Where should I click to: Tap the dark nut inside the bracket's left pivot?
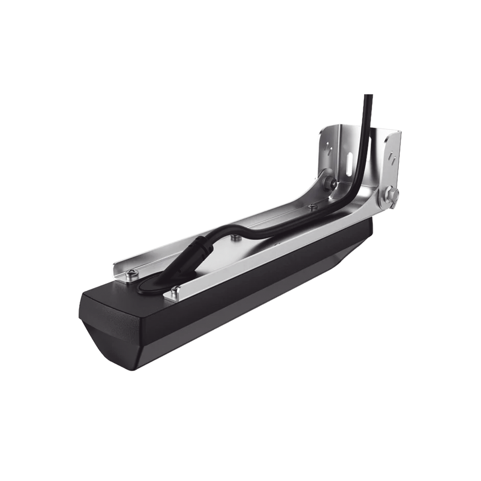(x=332, y=184)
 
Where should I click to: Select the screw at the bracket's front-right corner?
(x=175, y=291)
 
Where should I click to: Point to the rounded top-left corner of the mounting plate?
(x=323, y=129)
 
